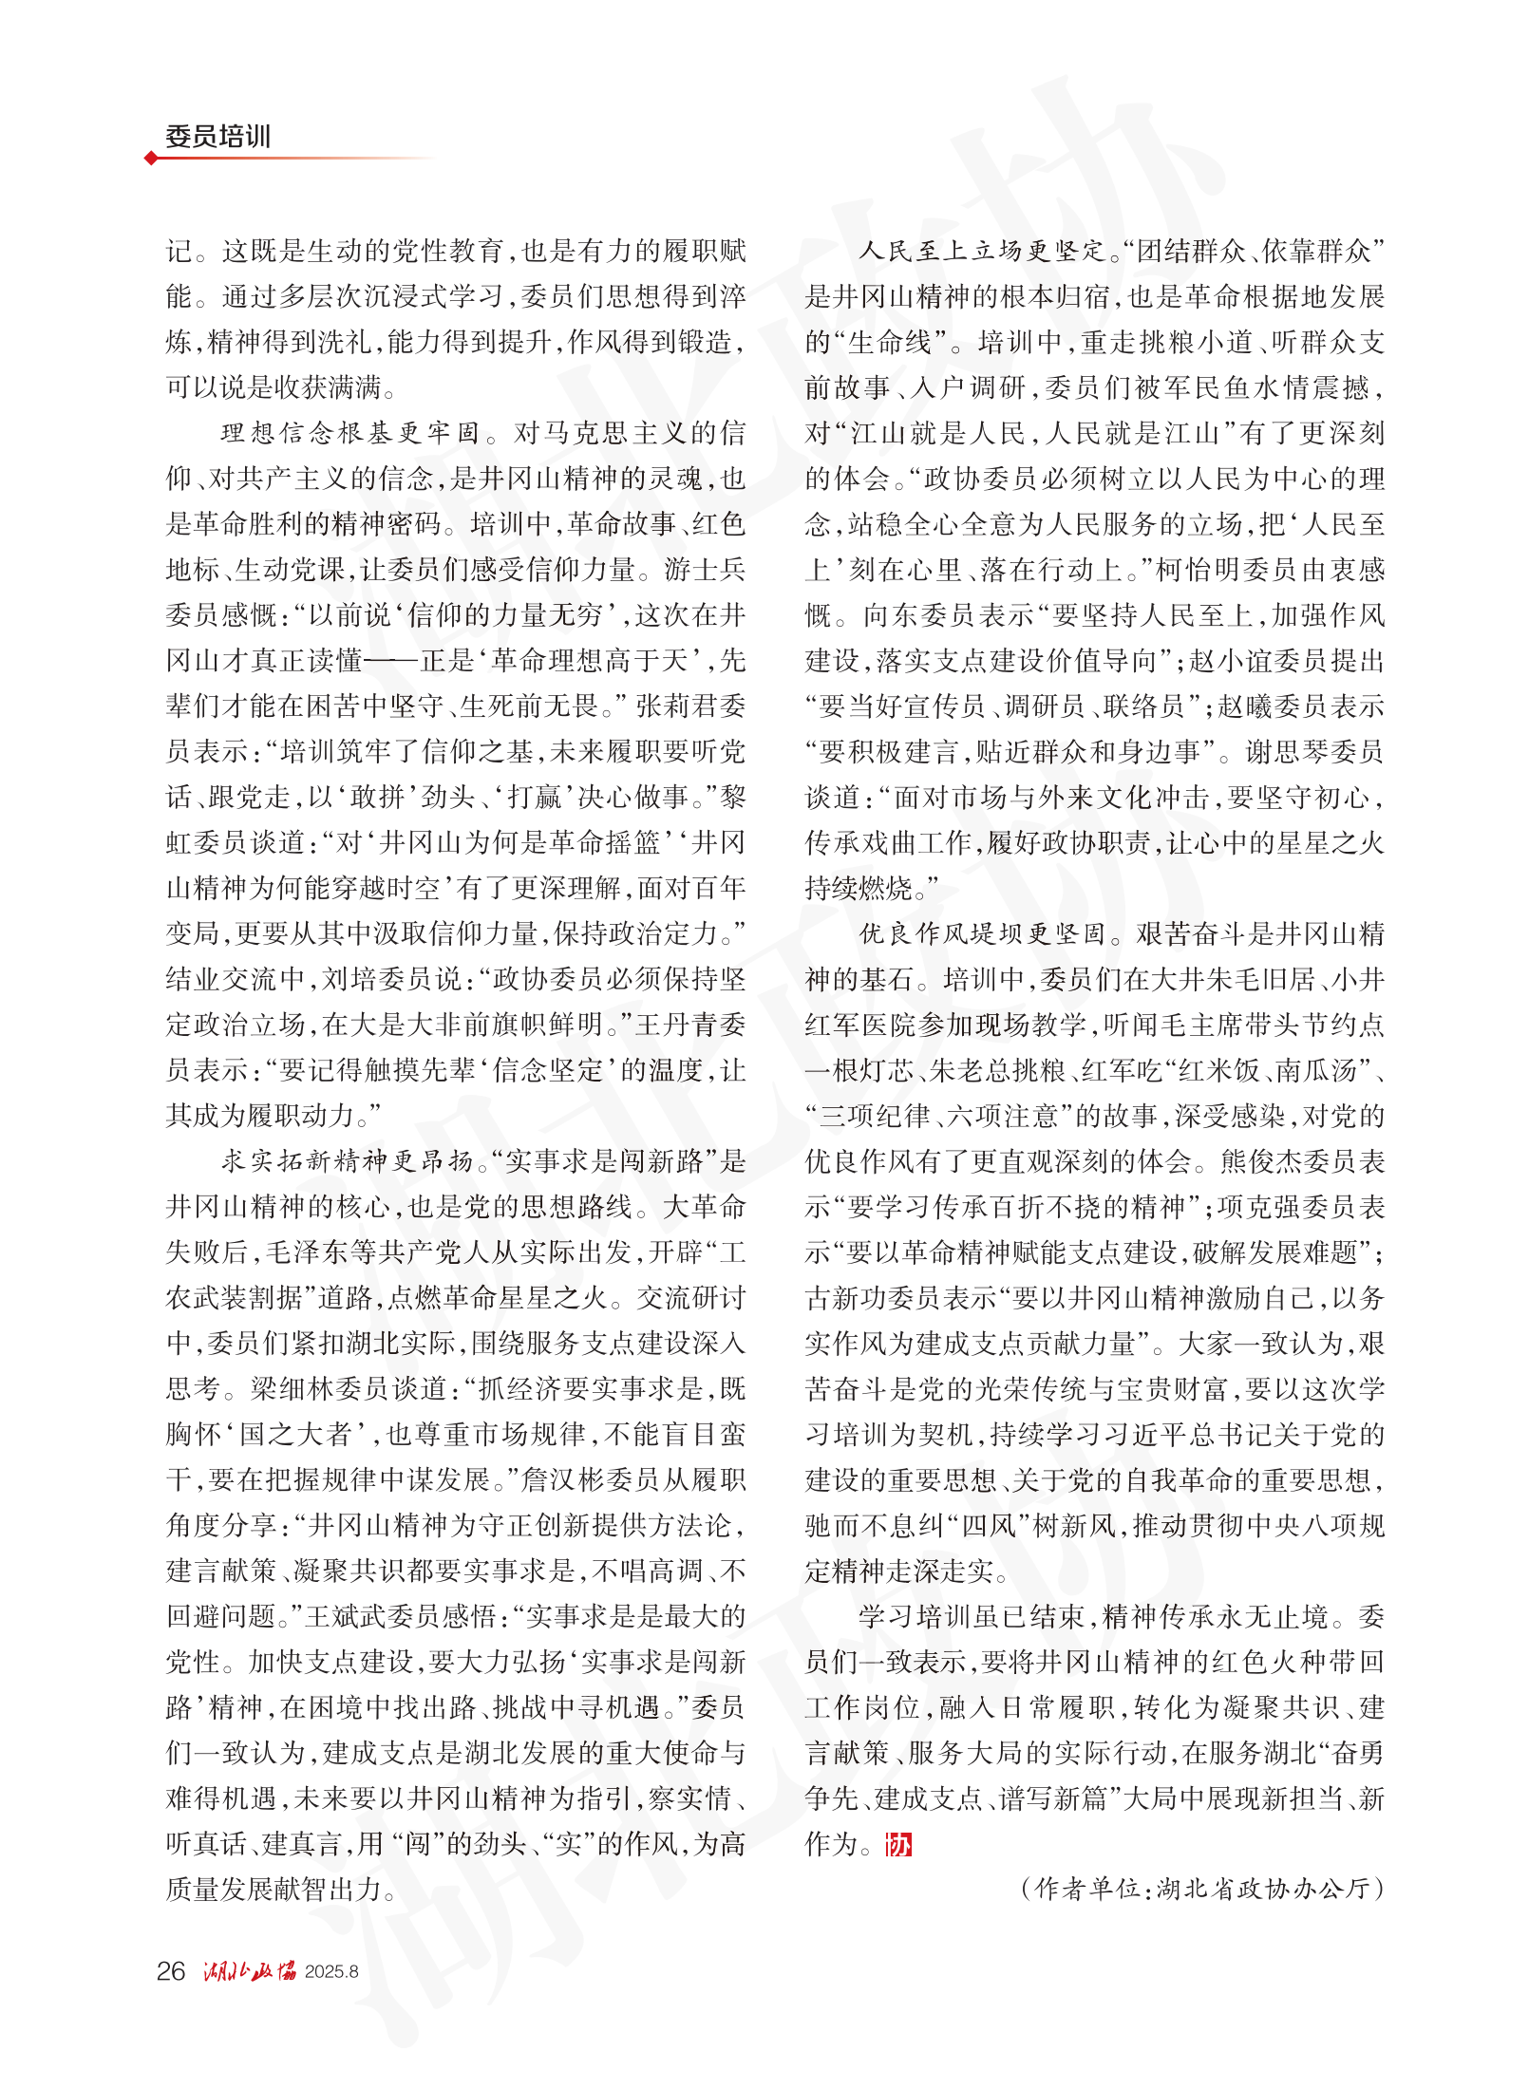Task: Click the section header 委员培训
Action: point(217,137)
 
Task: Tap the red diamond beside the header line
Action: point(151,159)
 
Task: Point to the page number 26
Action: point(171,1971)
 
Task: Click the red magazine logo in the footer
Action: point(249,1971)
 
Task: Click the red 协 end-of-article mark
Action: point(897,1844)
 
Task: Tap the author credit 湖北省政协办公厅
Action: point(1263,1889)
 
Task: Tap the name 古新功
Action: point(847,1298)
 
